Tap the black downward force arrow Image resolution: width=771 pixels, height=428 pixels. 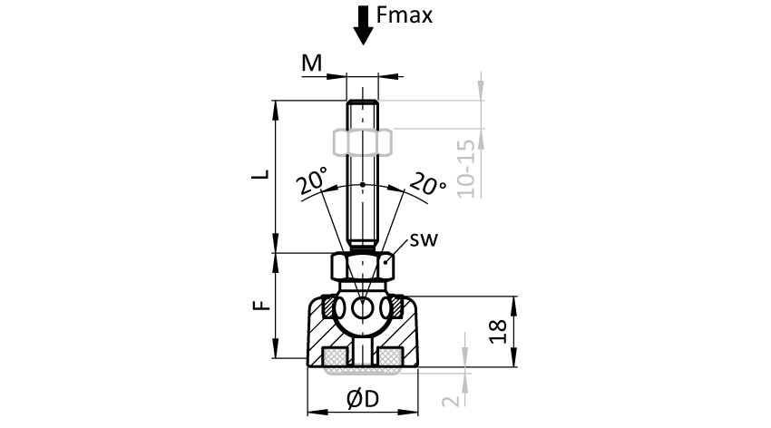click(363, 24)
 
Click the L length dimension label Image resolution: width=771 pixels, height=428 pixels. click(257, 175)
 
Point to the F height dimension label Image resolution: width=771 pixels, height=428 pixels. click(257, 307)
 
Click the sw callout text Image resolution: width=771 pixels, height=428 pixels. click(424, 240)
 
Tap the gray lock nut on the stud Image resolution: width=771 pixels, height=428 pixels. click(362, 141)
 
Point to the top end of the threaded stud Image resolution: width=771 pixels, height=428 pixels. click(362, 104)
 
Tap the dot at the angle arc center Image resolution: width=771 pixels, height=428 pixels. click(362, 185)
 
